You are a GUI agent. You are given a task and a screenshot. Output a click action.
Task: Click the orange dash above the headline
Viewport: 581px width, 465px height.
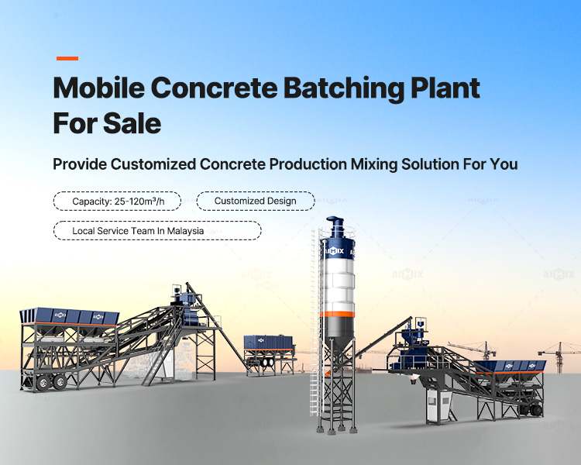point(67,58)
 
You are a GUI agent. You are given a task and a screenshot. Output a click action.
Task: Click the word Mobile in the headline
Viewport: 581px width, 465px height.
point(99,88)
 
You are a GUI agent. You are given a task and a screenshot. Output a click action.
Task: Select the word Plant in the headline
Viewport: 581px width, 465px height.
point(445,88)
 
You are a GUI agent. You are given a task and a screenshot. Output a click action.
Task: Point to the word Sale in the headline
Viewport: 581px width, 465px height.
point(132,123)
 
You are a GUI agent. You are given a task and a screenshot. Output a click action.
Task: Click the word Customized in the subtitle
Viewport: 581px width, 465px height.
point(153,164)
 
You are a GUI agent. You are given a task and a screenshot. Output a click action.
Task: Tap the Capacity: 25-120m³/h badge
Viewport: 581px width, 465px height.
point(117,201)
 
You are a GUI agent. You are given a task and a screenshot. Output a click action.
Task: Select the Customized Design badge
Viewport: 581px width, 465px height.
point(256,201)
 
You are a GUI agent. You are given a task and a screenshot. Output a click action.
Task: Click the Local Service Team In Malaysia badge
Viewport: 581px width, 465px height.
point(157,231)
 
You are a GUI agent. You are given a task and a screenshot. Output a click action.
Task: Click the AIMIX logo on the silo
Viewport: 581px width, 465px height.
point(334,251)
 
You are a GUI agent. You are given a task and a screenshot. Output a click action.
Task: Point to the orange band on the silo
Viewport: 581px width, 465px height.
point(337,314)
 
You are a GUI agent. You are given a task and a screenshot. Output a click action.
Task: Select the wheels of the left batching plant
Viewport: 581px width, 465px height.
point(51,382)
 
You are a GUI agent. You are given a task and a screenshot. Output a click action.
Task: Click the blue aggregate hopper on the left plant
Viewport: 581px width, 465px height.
point(69,316)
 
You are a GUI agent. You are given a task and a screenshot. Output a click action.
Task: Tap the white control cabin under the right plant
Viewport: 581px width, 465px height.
point(438,405)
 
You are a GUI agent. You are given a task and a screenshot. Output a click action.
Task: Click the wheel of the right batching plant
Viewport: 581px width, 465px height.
point(536,411)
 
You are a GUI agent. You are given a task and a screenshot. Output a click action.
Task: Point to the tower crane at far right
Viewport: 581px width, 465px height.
point(559,356)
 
